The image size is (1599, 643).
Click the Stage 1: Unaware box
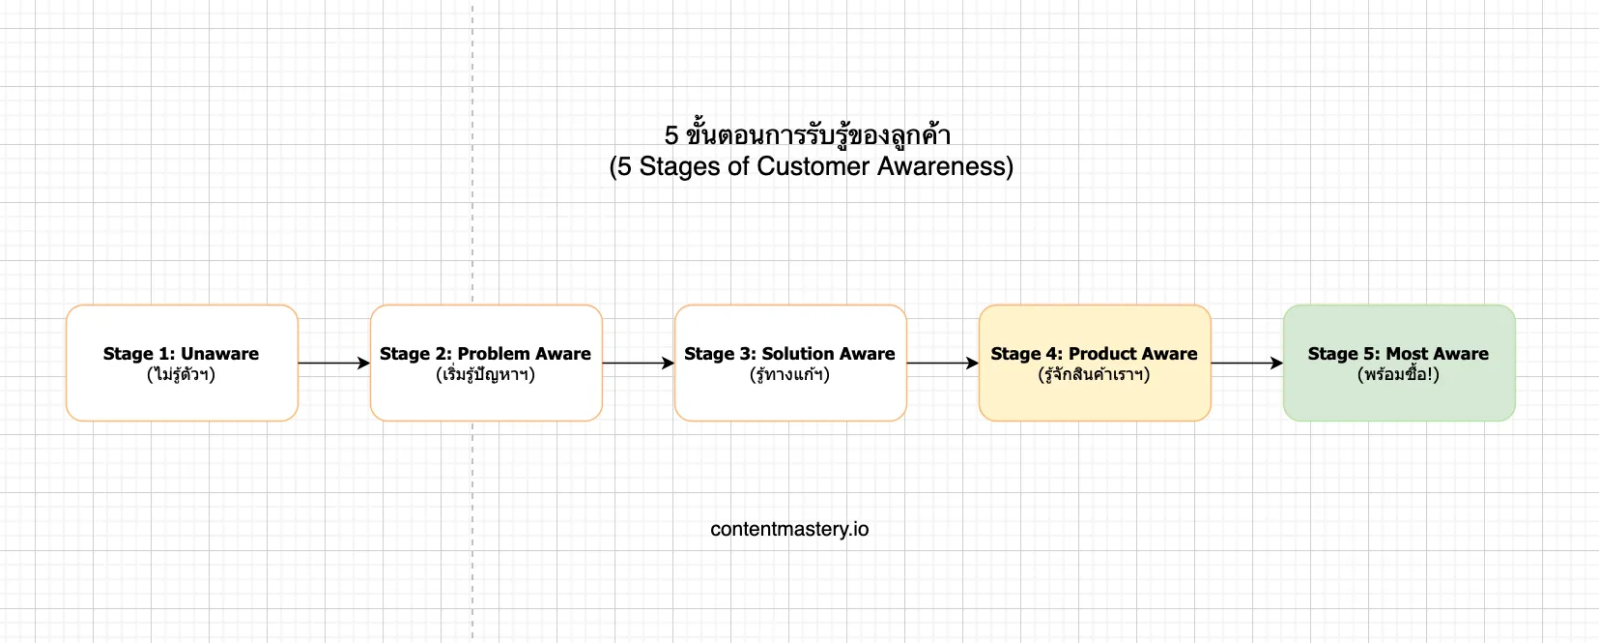(x=182, y=363)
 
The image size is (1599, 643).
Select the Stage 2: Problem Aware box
(x=486, y=363)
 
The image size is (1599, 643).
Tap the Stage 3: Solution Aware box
(x=790, y=363)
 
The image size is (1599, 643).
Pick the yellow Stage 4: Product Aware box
(x=1095, y=363)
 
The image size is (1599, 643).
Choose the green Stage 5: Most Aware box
(x=1399, y=363)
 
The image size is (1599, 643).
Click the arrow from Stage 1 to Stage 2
(x=334, y=363)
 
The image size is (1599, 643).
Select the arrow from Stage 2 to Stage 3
(x=639, y=363)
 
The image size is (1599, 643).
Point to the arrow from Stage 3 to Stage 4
(x=943, y=363)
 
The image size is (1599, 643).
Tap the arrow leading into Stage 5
(x=1247, y=363)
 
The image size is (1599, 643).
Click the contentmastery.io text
(x=789, y=530)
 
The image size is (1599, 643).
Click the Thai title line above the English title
(x=808, y=135)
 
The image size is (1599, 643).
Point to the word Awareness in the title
(x=945, y=166)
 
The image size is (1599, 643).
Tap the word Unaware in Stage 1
(x=220, y=354)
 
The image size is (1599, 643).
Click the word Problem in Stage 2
(x=491, y=354)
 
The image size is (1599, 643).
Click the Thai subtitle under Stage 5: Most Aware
(x=1398, y=373)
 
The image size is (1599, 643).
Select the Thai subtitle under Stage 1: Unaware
(x=182, y=373)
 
